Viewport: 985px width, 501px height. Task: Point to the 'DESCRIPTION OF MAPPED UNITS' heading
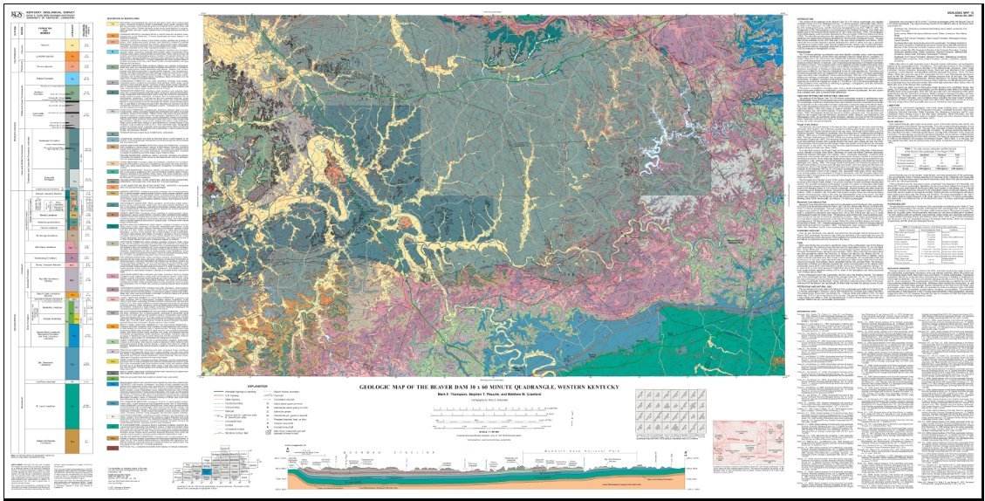(x=124, y=17)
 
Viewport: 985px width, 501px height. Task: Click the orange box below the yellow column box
(x=77, y=56)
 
